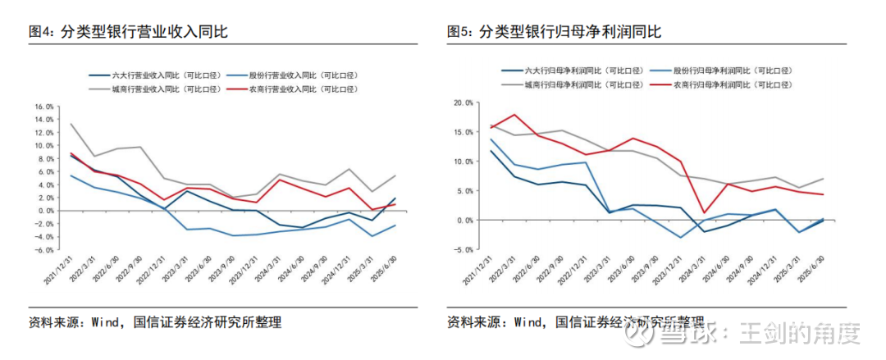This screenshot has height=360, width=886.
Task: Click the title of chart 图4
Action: pyautogui.click(x=127, y=32)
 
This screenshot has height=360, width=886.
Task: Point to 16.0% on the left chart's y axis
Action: pyautogui.click(x=43, y=107)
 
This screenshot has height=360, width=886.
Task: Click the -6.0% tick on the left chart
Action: pyautogui.click(x=43, y=249)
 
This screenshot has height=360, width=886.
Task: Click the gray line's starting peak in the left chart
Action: pyautogui.click(x=71, y=124)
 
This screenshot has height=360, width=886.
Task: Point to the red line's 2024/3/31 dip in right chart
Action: pyautogui.click(x=704, y=213)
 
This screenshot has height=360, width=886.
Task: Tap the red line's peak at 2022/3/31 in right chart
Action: pyautogui.click(x=514, y=115)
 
